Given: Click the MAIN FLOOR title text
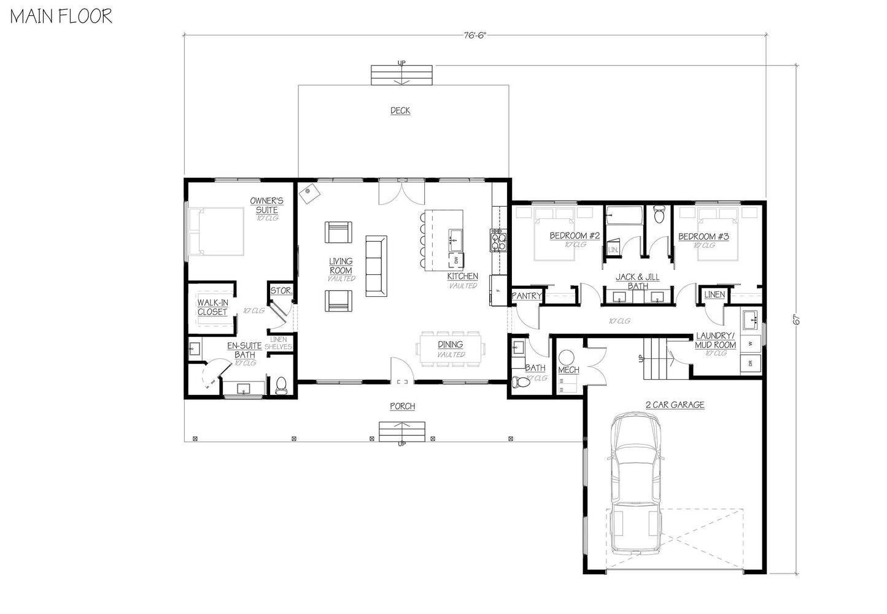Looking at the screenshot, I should (x=61, y=16).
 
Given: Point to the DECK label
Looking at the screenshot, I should (x=400, y=111).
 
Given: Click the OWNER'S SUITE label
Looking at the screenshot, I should (x=267, y=205).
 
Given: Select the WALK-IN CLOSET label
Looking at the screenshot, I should (x=212, y=307).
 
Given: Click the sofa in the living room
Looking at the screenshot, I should (x=376, y=266).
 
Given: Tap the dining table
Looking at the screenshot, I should (x=451, y=349).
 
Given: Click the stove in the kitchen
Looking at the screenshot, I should (x=498, y=240).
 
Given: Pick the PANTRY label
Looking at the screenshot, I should (x=527, y=296).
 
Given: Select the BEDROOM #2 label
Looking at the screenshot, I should (x=575, y=236).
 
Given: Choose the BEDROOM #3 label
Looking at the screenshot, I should (x=703, y=236).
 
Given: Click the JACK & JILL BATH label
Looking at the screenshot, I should (x=638, y=282).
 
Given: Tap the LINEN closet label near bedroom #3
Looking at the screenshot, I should (x=715, y=295).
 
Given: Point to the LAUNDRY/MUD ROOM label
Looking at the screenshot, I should (x=716, y=340).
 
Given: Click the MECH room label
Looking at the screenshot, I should (x=568, y=370).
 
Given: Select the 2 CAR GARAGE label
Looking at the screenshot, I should (x=675, y=405).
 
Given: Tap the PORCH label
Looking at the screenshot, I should (x=402, y=406).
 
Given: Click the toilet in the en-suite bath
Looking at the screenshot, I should (x=282, y=385).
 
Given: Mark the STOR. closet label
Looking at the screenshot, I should (x=281, y=291).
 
